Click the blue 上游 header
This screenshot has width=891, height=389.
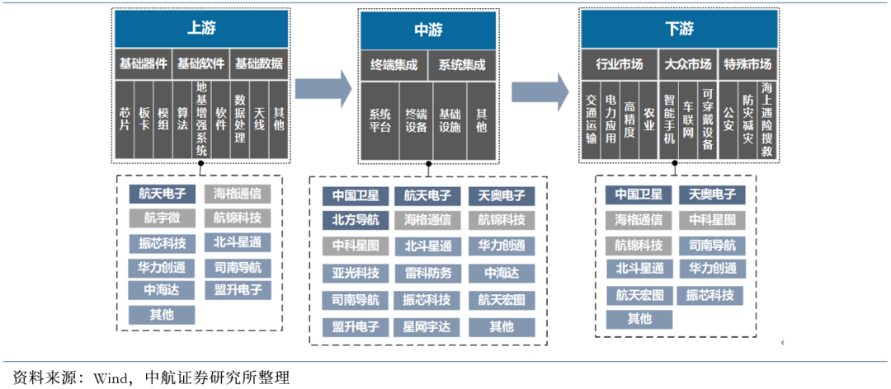[200, 29]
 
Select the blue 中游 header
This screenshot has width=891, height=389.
[427, 30]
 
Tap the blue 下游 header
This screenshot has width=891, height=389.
[679, 29]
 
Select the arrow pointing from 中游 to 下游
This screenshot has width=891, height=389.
[540, 89]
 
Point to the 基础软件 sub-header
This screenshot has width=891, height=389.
[200, 63]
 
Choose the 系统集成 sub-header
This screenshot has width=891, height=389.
[462, 64]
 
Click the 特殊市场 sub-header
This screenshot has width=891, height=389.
[747, 63]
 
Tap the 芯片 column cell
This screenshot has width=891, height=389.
[125, 119]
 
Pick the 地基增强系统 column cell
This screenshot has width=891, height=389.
[201, 119]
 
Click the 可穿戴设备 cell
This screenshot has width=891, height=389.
[706, 120]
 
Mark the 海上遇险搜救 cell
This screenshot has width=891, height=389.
[767, 119]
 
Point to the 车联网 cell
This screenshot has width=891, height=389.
[687, 120]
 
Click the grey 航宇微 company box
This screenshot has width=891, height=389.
[162, 218]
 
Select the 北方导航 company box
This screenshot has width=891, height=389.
[356, 220]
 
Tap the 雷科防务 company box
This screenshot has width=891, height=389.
[427, 273]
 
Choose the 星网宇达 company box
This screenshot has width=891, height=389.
[427, 326]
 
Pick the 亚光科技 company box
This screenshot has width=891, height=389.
[356, 273]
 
